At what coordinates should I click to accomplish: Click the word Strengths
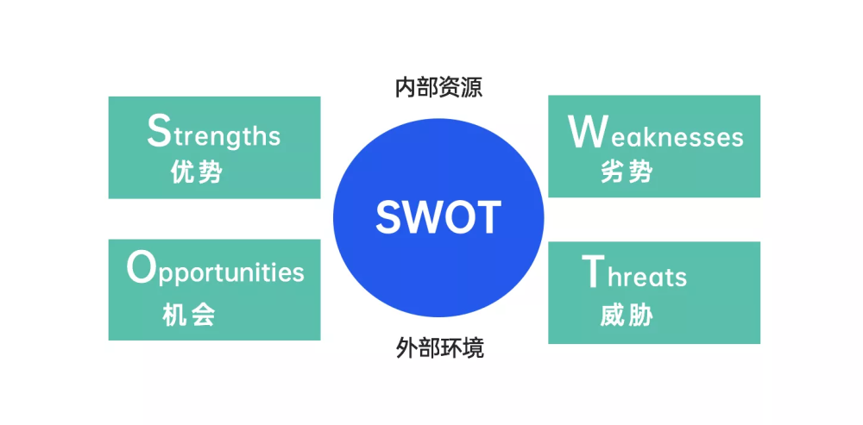click(x=213, y=131)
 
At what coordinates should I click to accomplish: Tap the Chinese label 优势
click(x=197, y=172)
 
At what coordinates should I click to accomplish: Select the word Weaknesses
click(x=656, y=133)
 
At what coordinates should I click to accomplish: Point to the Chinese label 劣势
click(x=627, y=172)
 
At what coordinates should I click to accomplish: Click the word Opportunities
click(x=215, y=270)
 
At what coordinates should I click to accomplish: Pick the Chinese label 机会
click(x=189, y=315)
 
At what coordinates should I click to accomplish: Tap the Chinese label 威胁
click(x=627, y=315)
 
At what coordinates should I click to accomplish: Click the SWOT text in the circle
click(x=438, y=217)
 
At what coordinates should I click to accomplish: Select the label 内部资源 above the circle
click(x=438, y=88)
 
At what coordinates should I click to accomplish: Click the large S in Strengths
click(x=159, y=130)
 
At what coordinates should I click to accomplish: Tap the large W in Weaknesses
click(x=588, y=132)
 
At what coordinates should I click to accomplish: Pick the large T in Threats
click(x=594, y=272)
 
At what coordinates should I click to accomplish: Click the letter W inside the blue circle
click(x=423, y=217)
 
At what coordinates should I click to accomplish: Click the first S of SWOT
click(x=388, y=217)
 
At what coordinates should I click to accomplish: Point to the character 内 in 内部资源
click(x=406, y=88)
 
